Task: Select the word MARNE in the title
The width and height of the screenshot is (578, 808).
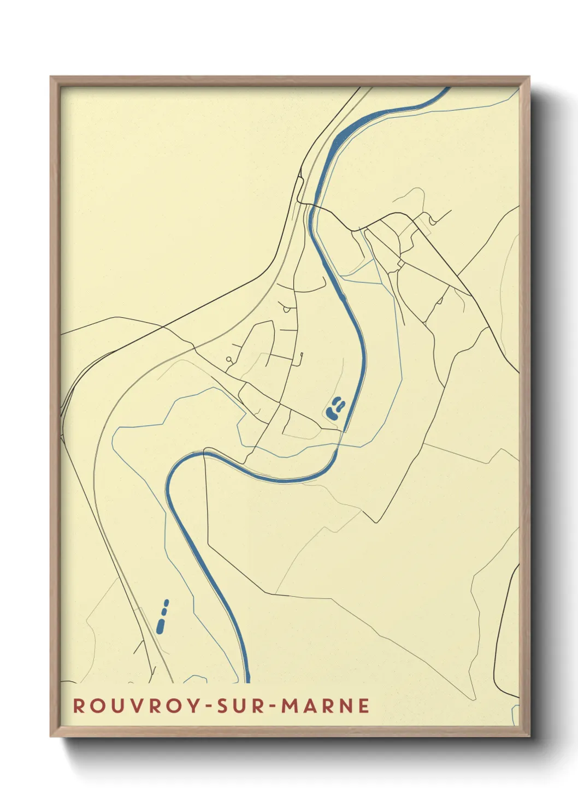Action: point(326,705)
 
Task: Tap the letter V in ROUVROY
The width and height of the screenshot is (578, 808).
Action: point(132,705)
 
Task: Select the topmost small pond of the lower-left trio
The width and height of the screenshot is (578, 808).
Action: point(167,602)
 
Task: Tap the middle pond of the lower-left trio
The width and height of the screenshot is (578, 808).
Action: point(164,611)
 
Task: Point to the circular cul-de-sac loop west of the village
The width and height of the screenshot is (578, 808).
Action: point(228,359)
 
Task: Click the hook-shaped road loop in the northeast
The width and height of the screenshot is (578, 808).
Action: point(433,220)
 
